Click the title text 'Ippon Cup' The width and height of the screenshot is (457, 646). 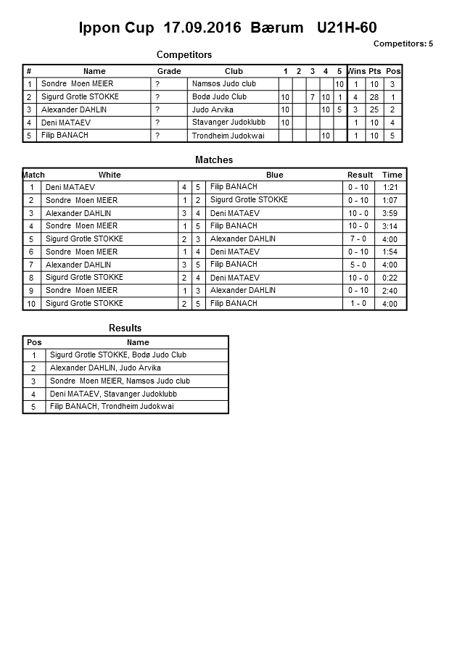tap(117, 28)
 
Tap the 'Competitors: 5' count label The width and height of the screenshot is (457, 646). tap(403, 44)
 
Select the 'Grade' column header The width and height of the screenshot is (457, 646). tap(169, 71)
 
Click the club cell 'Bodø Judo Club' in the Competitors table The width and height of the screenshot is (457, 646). tap(219, 96)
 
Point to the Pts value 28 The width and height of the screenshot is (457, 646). tap(374, 97)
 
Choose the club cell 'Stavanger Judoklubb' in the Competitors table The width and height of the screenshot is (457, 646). tap(226, 123)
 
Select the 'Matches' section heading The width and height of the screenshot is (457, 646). tap(214, 160)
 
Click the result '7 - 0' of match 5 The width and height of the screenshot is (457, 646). tap(358, 239)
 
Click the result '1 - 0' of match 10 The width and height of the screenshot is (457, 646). tap(358, 304)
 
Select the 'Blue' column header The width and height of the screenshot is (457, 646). tap(274, 175)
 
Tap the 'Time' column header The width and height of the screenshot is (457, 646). tap(392, 175)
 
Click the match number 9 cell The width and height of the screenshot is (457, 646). tap(32, 291)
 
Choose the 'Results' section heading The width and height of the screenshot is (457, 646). tap(125, 328)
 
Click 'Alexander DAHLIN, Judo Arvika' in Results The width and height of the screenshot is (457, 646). tap(105, 368)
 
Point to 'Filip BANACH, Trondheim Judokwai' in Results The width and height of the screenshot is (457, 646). tap(112, 407)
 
